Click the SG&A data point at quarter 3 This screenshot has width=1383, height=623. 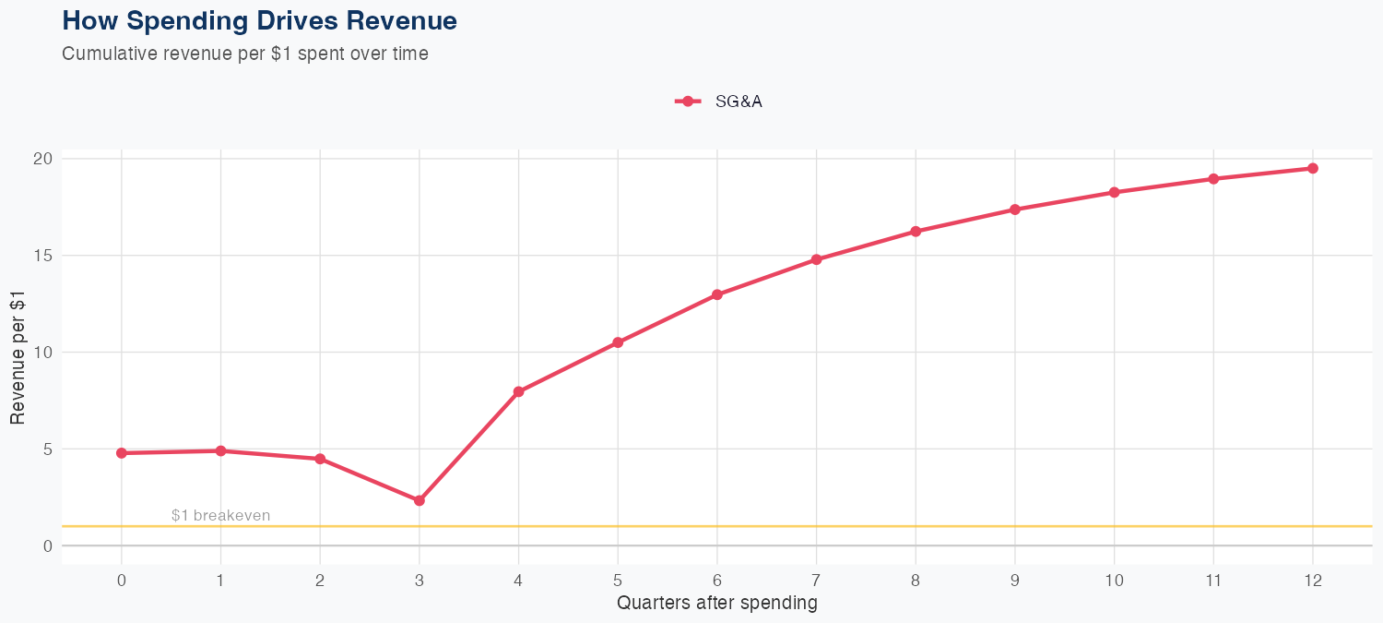(x=420, y=500)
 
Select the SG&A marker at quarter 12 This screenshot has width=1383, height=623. (x=1313, y=168)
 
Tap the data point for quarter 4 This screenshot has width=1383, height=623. (x=518, y=391)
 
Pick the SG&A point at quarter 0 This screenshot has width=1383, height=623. (x=122, y=453)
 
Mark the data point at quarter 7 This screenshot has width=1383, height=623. (x=816, y=259)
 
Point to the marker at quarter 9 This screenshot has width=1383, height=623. (x=1015, y=210)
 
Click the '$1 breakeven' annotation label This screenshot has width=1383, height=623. (x=220, y=515)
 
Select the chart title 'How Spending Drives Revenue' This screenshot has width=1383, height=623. (x=259, y=20)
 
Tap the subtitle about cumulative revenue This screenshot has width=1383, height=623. (x=244, y=54)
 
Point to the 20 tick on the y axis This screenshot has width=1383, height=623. (x=41, y=159)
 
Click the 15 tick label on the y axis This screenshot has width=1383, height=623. (x=41, y=256)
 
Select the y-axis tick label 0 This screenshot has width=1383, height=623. (x=46, y=546)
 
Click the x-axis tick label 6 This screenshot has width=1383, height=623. (x=716, y=581)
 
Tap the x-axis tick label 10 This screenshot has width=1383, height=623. (x=1114, y=581)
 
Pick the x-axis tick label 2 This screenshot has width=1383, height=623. (x=320, y=581)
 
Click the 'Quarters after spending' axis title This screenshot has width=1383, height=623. (x=716, y=604)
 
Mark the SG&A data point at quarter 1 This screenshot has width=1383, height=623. (x=220, y=450)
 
